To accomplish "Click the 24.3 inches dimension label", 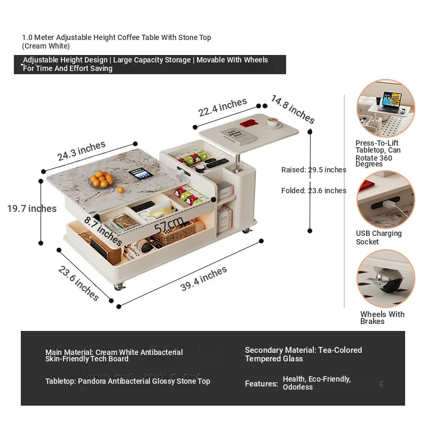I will pos(82,151).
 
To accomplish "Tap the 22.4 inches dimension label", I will pos(223,107).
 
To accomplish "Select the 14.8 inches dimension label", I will pos(292,109).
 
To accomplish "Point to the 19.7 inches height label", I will pos(31,209).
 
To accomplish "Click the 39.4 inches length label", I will pos(203,279).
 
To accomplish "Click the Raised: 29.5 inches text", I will pos(314,170).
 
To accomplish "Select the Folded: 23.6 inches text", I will pos(314,191).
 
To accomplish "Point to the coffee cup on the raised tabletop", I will pos(274,122).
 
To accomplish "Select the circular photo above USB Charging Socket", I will pos(385,199).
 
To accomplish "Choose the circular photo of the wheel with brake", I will pos(385,279).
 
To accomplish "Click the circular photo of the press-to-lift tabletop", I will pos(385,109).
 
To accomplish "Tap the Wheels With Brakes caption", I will pos(382,318).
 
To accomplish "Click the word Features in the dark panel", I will pos(261,384).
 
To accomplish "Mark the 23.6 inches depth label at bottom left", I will pos(78,283).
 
